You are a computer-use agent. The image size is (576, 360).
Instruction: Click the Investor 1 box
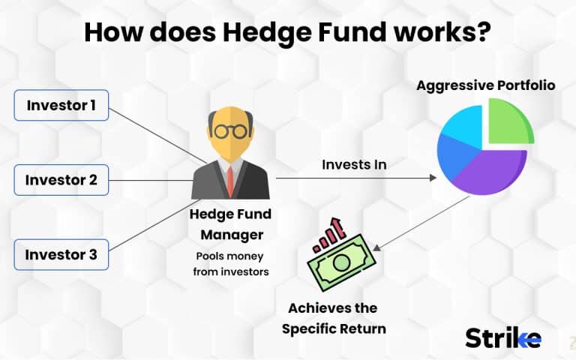tap(61, 106)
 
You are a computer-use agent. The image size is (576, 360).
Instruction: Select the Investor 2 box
tap(61, 180)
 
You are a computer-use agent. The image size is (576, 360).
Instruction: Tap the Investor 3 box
tap(61, 254)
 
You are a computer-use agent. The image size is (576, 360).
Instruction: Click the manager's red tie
tap(230, 178)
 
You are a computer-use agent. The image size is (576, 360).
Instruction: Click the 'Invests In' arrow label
tap(354, 164)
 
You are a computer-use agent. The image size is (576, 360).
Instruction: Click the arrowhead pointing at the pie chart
tap(433, 178)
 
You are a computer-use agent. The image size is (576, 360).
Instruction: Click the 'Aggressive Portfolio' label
tap(486, 85)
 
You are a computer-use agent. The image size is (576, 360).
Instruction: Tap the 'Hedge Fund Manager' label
tap(230, 223)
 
